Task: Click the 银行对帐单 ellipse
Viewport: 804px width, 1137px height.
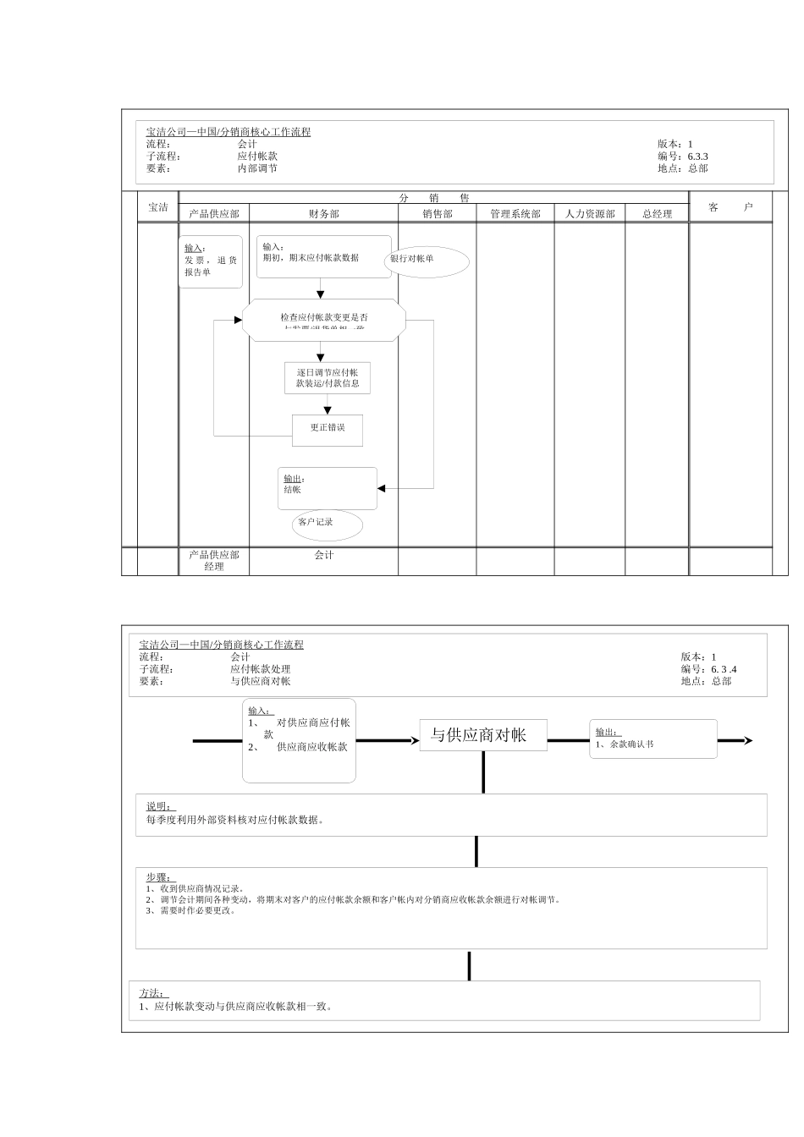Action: pyautogui.click(x=427, y=261)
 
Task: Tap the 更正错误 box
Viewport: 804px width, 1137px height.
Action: pyautogui.click(x=328, y=429)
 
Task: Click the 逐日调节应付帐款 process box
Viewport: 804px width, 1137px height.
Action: pyautogui.click(x=328, y=378)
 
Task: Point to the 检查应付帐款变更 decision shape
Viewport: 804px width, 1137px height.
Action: pyautogui.click(x=324, y=321)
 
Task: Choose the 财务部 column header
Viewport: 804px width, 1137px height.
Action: pyautogui.click(x=323, y=214)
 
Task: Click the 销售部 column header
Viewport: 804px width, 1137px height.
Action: pyautogui.click(x=438, y=214)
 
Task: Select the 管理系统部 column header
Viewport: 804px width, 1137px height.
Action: pyautogui.click(x=515, y=214)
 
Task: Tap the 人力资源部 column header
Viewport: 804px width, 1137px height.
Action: pyautogui.click(x=590, y=214)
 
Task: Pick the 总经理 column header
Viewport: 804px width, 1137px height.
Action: pyautogui.click(x=657, y=214)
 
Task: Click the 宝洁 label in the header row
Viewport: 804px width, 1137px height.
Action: pyautogui.click(x=158, y=207)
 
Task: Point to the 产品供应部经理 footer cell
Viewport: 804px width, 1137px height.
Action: pyautogui.click(x=214, y=561)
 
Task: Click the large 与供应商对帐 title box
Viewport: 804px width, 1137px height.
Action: pyautogui.click(x=483, y=735)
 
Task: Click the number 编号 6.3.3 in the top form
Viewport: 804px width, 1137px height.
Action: pyautogui.click(x=697, y=157)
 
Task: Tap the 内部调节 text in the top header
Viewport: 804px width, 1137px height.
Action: pyautogui.click(x=257, y=168)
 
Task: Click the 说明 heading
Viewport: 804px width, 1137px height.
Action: pyautogui.click(x=158, y=806)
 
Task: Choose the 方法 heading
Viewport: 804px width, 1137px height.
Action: pyautogui.click(x=153, y=993)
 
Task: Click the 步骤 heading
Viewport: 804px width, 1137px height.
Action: pyautogui.click(x=158, y=877)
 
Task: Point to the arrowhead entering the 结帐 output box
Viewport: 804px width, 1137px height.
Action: pyautogui.click(x=382, y=488)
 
